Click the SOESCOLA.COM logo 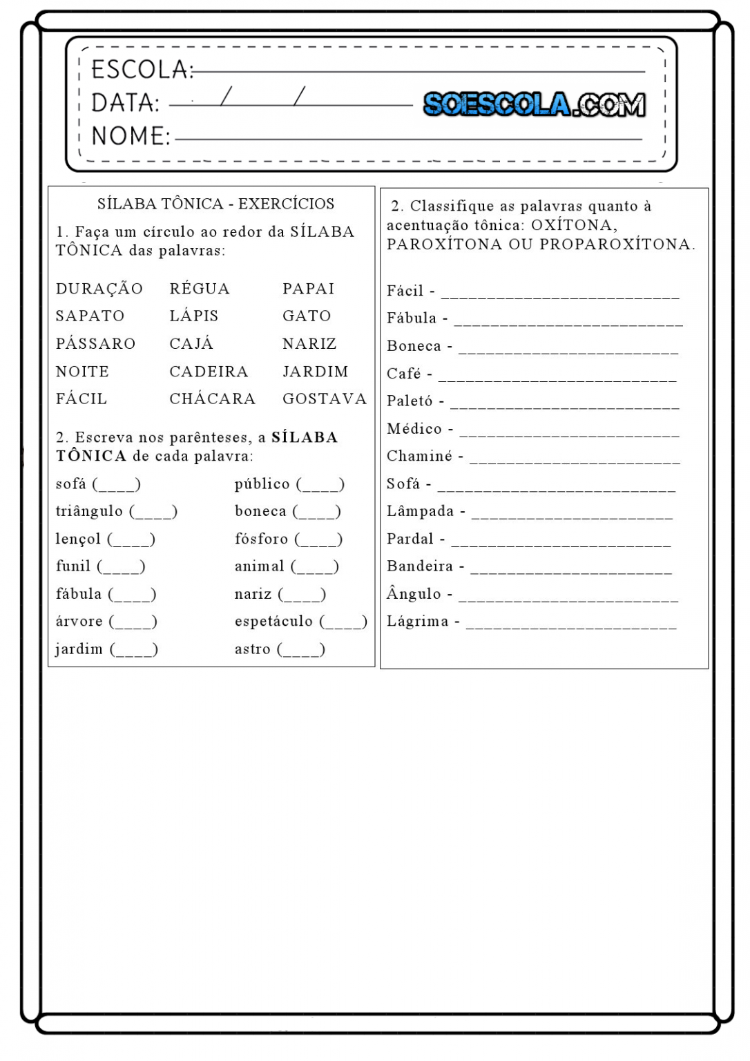click(x=534, y=104)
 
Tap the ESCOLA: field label click(x=142, y=70)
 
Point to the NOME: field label click(x=130, y=136)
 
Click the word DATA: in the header click(x=125, y=103)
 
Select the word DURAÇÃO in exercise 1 click(x=99, y=289)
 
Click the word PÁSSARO click(x=96, y=344)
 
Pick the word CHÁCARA click(x=212, y=399)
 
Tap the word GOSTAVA click(x=324, y=399)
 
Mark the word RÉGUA click(x=200, y=289)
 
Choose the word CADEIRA click(x=209, y=372)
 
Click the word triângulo click(x=89, y=511)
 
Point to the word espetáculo click(x=273, y=622)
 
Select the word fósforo click(x=261, y=539)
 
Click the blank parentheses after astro click(x=301, y=649)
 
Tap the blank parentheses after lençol click(x=131, y=539)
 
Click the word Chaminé click(x=419, y=456)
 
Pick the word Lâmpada click(x=420, y=511)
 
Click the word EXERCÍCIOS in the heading click(x=286, y=204)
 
